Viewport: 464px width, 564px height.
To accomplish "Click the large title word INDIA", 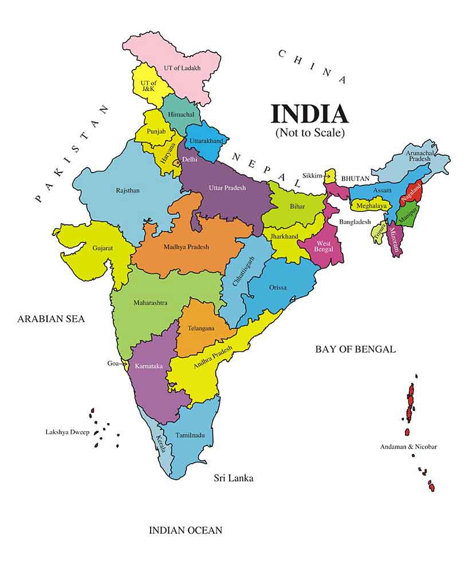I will point(309,113).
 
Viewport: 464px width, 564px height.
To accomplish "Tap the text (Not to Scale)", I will point(309,132).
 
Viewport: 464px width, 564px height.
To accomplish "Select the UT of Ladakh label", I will point(182,68).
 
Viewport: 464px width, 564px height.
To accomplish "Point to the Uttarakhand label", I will point(207,140).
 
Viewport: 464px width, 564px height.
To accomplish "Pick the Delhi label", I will point(190,159).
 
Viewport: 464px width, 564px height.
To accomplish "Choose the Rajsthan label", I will point(128,190).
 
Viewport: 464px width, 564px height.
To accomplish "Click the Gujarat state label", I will point(102,248).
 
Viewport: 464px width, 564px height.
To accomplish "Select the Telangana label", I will point(201,328).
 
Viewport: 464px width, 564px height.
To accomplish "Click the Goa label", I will point(113,363).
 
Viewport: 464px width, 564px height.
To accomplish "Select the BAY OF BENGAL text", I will point(355,349).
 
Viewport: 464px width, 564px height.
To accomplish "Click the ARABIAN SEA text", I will point(50,319).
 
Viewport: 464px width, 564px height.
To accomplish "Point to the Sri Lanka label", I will point(233,478).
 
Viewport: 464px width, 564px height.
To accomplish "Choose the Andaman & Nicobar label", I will point(408,446).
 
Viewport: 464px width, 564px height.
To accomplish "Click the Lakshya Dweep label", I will point(68,432).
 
